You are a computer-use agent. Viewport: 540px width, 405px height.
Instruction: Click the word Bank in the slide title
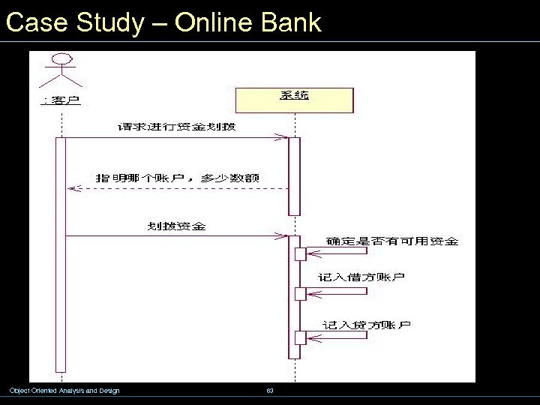point(292,22)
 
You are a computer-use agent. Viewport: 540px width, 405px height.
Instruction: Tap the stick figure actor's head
point(62,59)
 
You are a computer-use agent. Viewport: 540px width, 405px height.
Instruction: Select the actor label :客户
point(61,100)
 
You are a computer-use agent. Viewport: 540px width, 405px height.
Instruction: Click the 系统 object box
point(294,100)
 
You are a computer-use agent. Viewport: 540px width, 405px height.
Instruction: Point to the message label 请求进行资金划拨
point(176,127)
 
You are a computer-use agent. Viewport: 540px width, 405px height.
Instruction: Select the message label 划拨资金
point(176,226)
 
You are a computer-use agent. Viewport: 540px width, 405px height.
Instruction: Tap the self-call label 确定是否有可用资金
point(392,241)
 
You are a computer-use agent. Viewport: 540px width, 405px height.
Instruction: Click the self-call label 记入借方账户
point(361,277)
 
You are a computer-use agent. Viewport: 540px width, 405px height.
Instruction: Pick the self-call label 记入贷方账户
point(366,325)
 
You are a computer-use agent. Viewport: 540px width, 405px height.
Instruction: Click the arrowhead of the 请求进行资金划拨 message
point(283,138)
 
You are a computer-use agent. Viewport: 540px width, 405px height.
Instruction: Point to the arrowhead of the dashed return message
point(72,188)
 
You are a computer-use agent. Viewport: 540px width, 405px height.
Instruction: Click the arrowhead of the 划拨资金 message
point(283,236)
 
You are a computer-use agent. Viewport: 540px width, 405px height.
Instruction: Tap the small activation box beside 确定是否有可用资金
point(300,254)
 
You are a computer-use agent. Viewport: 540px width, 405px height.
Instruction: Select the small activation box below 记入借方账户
point(300,293)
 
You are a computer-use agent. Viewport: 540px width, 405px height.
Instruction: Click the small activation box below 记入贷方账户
point(300,337)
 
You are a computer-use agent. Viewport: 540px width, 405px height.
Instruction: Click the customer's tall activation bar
point(61,255)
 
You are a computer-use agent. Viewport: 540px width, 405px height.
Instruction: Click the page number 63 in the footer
point(270,391)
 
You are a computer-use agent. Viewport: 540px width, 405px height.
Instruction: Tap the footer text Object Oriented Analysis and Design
point(64,391)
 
